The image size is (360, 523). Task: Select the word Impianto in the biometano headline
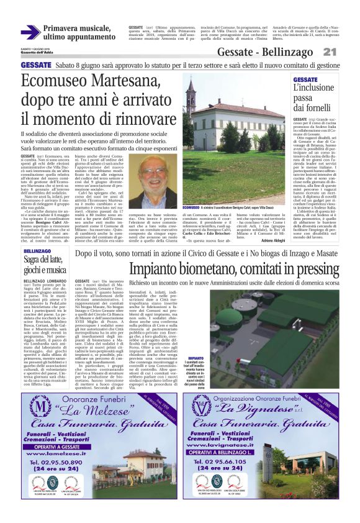click(x=160, y=268)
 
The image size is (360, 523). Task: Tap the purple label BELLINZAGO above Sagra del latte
click(x=37, y=250)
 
